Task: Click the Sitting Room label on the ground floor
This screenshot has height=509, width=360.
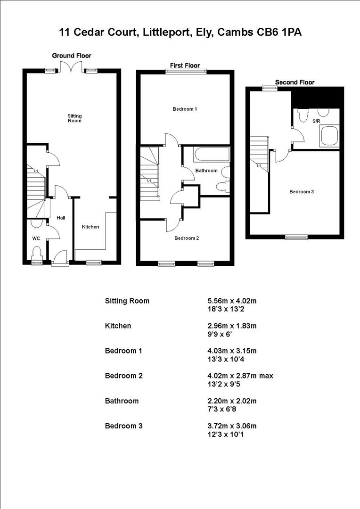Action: pyautogui.click(x=74, y=118)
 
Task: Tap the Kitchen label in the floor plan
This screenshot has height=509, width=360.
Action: pyautogui.click(x=90, y=227)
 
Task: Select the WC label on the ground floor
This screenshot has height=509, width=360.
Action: pyautogui.click(x=36, y=238)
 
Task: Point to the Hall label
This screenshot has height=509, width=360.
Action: pyautogui.click(x=61, y=218)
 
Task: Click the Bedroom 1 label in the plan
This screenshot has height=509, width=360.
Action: pyautogui.click(x=185, y=109)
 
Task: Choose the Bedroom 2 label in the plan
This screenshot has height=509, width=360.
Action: pyautogui.click(x=187, y=238)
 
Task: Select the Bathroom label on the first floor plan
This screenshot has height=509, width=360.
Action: pyautogui.click(x=206, y=170)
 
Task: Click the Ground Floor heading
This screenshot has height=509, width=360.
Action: pyautogui.click(x=72, y=56)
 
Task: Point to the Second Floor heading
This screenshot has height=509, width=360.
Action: pyautogui.click(x=295, y=82)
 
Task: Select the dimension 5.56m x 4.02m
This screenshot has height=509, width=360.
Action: pyautogui.click(x=229, y=301)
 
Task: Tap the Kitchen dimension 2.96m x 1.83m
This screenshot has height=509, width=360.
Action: pyautogui.click(x=229, y=326)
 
